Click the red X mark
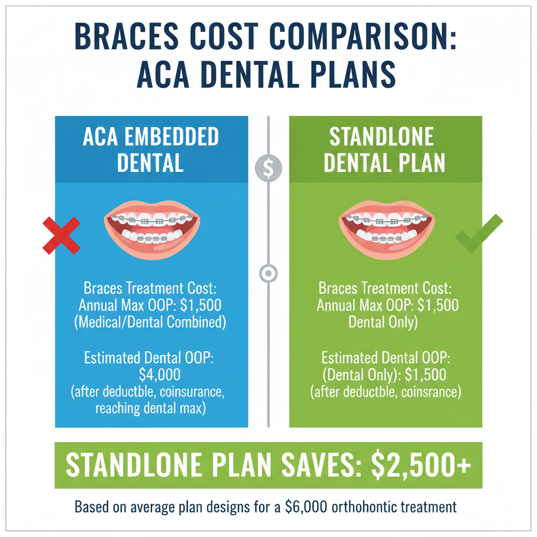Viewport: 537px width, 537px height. tap(61, 235)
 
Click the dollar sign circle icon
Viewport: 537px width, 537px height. tap(268, 168)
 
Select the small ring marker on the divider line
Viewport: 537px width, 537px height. tap(268, 273)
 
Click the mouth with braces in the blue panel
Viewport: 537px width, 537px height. tap(152, 230)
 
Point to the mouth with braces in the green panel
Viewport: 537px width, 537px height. tap(386, 230)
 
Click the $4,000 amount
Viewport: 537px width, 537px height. tap(159, 374)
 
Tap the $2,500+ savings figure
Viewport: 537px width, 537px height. tap(421, 465)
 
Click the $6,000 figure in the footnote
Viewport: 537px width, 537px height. tap(306, 507)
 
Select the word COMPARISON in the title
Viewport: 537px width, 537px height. tap(363, 36)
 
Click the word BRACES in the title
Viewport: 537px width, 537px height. tap(126, 36)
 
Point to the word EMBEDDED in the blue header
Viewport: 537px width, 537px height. tap(171, 137)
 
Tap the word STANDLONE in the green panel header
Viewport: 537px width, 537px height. tap(382, 137)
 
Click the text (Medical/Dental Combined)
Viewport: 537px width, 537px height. tap(150, 323)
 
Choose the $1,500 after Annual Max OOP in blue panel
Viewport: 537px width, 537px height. tap(201, 305)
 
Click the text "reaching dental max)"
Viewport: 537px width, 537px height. tap(151, 408)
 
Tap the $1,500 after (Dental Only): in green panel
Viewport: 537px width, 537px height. tap(425, 374)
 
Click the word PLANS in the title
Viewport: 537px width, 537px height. tap(353, 74)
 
